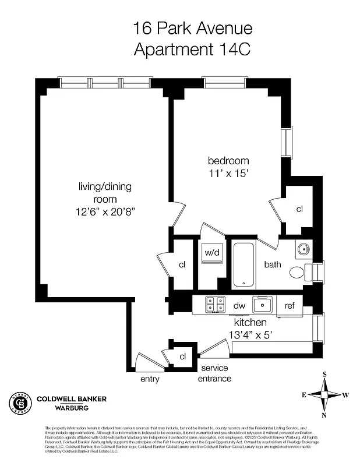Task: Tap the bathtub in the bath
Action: pyautogui.click(x=245, y=265)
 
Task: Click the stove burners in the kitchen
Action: pyautogui.click(x=215, y=304)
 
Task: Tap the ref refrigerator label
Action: pyautogui.click(x=290, y=305)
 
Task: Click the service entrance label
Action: pyautogui.click(x=216, y=373)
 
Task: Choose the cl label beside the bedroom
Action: pyautogui.click(x=299, y=209)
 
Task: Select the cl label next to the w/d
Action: pyautogui.click(x=182, y=264)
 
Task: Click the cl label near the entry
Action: pyautogui.click(x=182, y=356)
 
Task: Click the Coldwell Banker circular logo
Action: pyautogui.click(x=20, y=403)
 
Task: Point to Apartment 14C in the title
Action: pyautogui.click(x=192, y=49)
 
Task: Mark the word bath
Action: pyautogui.click(x=273, y=264)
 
